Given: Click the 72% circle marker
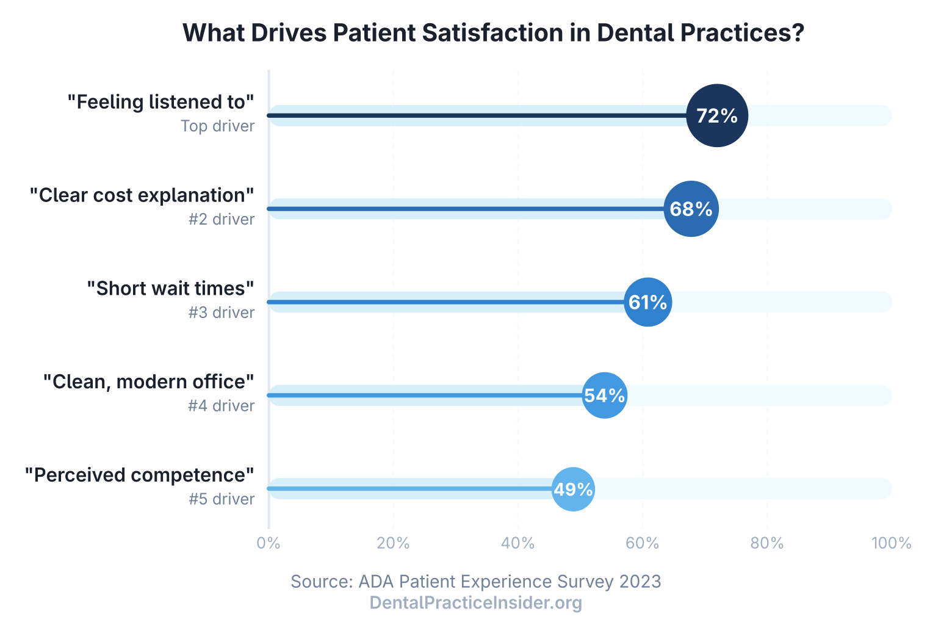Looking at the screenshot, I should [717, 115].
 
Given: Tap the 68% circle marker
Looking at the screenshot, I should [691, 209].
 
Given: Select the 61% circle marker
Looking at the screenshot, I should [647, 302].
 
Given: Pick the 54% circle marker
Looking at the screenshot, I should [604, 396].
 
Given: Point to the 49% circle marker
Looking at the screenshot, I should [573, 489].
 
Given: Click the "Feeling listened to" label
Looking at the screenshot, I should [160, 102].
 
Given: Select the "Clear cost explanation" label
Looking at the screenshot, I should [142, 195].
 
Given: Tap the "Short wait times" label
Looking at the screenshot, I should [170, 288].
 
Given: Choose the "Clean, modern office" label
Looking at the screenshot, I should [148, 381].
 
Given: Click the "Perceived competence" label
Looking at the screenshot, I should [139, 475].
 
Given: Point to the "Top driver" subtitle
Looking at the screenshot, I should [217, 126].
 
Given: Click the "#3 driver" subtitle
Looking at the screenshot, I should [221, 313].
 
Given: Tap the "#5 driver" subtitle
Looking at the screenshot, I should [221, 499].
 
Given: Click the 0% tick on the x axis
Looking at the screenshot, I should [269, 543].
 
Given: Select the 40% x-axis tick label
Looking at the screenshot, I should [517, 543].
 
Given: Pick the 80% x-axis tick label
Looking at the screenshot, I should [766, 543].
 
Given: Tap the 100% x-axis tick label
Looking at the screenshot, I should [891, 543].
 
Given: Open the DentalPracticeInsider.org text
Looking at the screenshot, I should [476, 603].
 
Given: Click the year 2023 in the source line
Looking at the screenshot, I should [640, 582].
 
